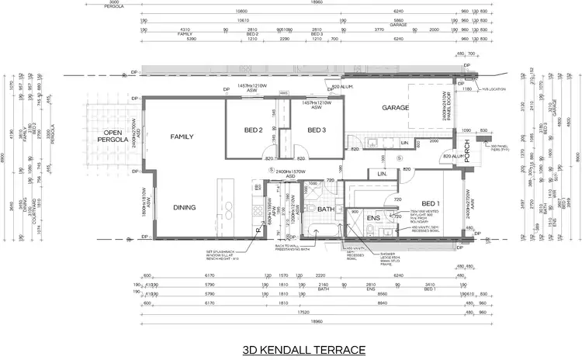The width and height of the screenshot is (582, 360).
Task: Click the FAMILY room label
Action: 181,137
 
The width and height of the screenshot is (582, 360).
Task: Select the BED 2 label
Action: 254,130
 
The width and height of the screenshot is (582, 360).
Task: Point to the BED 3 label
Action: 315,130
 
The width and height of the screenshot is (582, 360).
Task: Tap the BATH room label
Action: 325,209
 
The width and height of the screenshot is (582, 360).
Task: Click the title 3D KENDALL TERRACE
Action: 303,350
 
